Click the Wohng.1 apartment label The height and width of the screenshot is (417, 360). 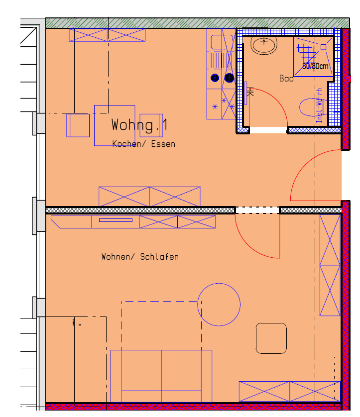click(139, 125)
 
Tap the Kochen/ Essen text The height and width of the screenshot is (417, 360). click(143, 144)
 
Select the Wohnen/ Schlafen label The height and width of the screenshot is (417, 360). click(140, 257)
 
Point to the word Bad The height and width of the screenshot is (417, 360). click(286, 79)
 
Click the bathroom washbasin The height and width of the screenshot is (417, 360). click(264, 46)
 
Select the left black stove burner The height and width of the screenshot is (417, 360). click(215, 78)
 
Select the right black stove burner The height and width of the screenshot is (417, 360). click(229, 78)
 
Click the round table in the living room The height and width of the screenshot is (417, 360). click(219, 304)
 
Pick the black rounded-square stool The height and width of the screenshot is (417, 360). click(271, 338)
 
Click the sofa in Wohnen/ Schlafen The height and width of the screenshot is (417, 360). click(161, 376)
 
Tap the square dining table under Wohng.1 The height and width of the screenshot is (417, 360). click(115, 125)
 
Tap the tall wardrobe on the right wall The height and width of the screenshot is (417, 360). click(330, 265)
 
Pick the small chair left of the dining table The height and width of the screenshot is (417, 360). click(78, 125)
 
